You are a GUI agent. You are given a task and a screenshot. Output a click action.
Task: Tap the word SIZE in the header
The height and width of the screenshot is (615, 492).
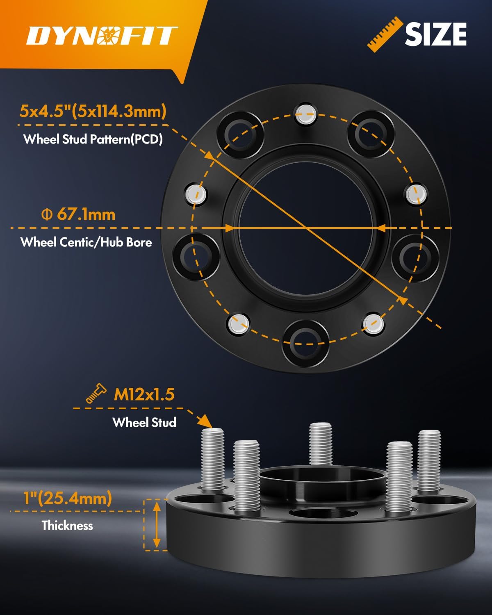tap(435, 34)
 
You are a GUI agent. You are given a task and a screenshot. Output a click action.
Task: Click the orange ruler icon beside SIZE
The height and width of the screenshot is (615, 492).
tap(384, 34)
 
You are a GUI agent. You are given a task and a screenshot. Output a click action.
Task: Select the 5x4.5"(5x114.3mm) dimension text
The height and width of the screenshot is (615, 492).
tap(93, 111)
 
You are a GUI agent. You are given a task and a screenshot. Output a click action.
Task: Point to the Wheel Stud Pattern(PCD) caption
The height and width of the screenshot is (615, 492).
tap(93, 139)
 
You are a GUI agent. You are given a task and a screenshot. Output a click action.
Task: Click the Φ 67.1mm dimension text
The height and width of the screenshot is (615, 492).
tap(79, 214)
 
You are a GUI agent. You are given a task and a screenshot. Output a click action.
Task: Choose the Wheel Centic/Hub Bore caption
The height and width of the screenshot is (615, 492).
tap(86, 242)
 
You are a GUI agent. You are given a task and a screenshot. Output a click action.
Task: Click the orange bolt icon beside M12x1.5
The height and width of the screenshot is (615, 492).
tap(96, 394)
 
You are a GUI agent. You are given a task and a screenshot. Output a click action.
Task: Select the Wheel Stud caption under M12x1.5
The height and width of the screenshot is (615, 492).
tap(144, 422)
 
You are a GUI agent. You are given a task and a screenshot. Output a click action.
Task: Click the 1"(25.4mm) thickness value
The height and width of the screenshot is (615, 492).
tap(68, 498)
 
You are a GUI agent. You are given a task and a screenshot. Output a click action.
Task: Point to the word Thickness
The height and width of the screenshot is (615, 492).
tap(67, 525)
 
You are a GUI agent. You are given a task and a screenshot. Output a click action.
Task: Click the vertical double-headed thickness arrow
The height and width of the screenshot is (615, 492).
tap(156, 524)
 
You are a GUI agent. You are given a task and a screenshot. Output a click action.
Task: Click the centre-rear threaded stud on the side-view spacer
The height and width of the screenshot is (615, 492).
tap(320, 444)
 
